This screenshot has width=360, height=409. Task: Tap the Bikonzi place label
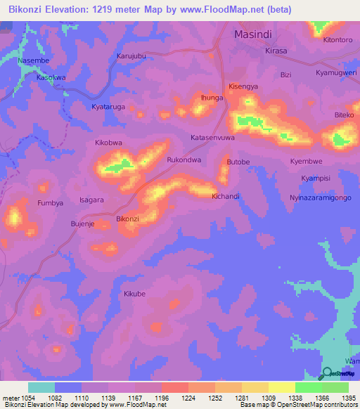[x=127, y=219]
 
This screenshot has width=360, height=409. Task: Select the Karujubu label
[x=131, y=56]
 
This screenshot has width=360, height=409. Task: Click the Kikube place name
[x=134, y=294]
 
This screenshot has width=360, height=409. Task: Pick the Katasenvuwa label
[x=212, y=138]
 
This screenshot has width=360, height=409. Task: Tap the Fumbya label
[x=50, y=203]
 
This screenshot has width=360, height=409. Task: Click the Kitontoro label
[x=337, y=40]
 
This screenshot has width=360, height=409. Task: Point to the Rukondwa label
[x=184, y=160]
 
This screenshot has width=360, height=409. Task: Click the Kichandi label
[x=226, y=196]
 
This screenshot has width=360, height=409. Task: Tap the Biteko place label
[x=345, y=115]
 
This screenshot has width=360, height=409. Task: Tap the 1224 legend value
[x=188, y=398]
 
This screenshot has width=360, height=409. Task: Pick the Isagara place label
[x=92, y=200]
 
